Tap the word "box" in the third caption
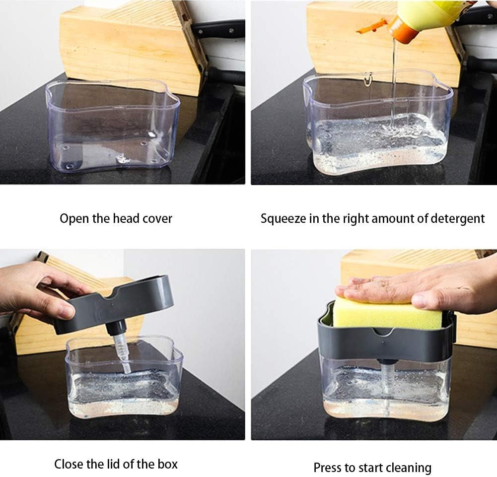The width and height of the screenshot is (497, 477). (168, 464)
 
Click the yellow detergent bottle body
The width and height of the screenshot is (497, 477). (435, 13)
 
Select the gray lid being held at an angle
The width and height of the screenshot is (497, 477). (114, 304)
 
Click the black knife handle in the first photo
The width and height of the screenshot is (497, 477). (218, 28)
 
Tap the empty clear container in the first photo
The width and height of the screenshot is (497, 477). (113, 127)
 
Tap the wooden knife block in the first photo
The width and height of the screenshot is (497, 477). (133, 44)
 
